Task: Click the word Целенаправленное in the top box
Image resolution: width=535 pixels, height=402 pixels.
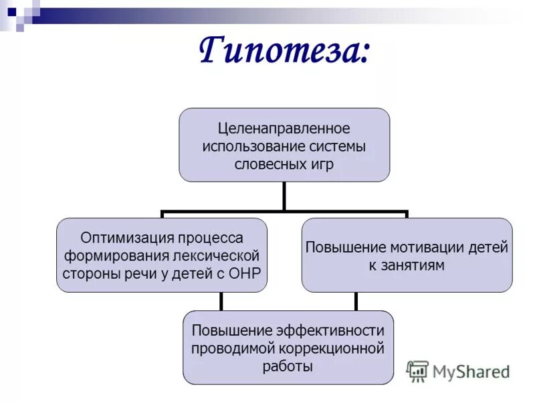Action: click(x=284, y=127)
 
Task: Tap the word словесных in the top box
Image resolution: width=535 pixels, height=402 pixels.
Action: click(x=265, y=163)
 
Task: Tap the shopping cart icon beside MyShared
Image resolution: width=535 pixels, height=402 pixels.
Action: click(x=417, y=371)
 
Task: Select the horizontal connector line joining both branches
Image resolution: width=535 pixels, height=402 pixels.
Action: click(x=284, y=213)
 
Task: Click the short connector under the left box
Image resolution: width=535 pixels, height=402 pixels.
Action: click(x=221, y=301)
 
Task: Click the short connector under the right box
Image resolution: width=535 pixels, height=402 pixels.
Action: click(x=356, y=301)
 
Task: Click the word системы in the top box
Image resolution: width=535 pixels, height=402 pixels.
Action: click(x=342, y=145)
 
